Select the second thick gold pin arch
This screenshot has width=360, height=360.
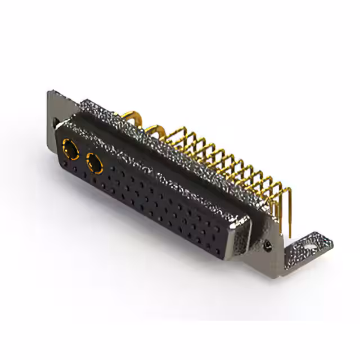click(155, 132)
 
